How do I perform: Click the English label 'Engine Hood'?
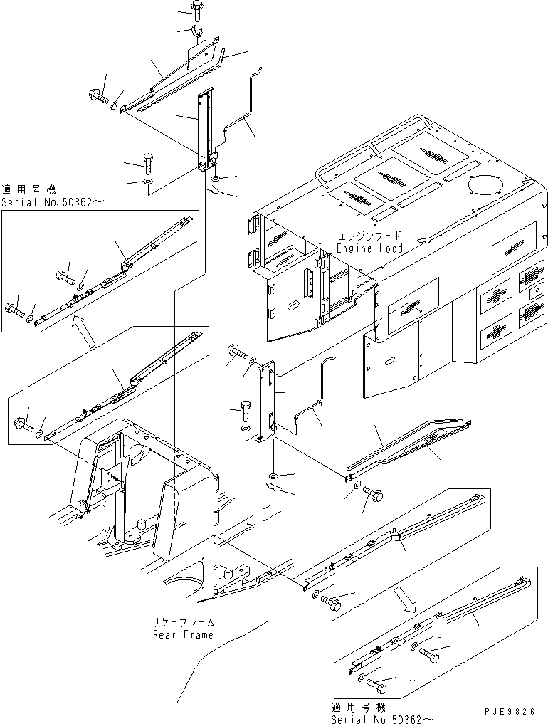tap(369, 248)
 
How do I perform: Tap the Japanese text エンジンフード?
tap(369, 236)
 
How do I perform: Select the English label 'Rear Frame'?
tap(182, 634)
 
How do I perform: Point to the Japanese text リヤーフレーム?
tap(182, 621)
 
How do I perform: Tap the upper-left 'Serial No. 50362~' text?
tap(53, 203)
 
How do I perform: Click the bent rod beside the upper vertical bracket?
tap(242, 114)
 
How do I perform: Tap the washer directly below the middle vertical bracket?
tap(273, 474)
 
